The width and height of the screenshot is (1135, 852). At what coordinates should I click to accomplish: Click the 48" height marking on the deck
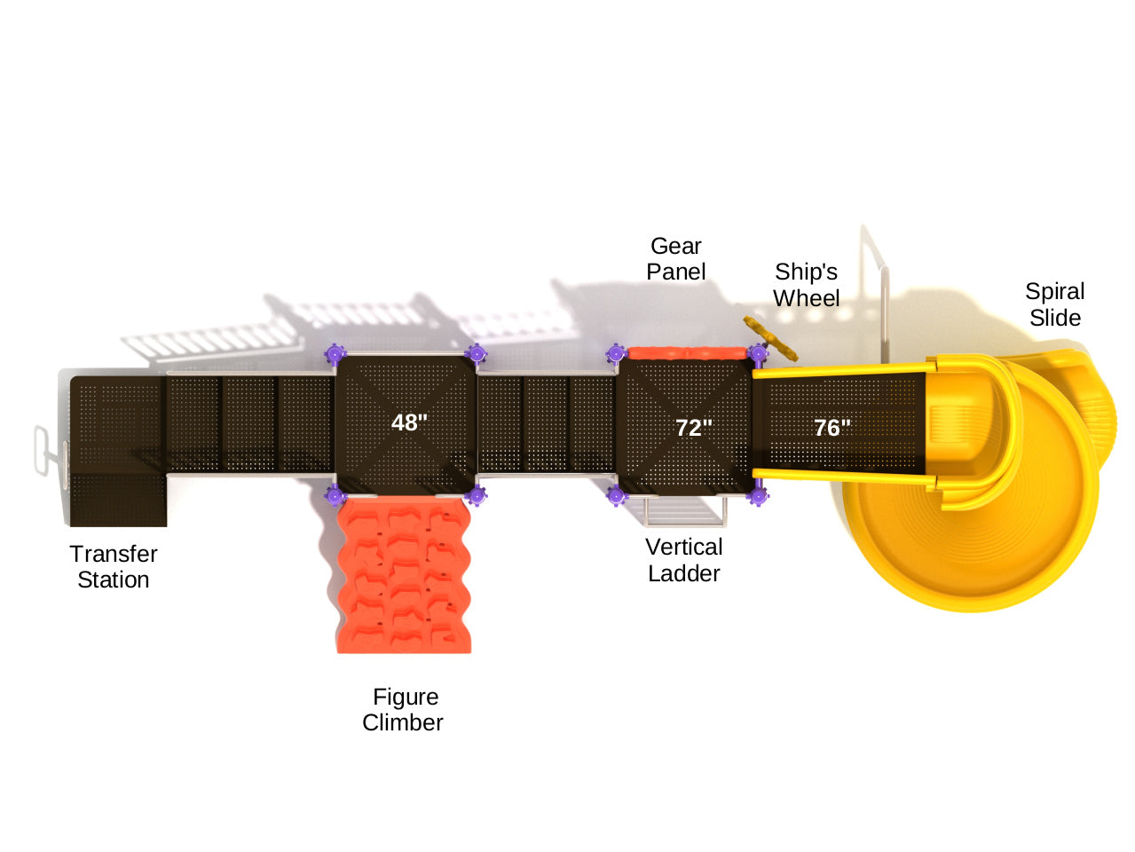409,422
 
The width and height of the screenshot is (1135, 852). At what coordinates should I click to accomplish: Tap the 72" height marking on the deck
694,428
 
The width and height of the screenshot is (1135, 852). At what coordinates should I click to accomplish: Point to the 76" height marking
832,428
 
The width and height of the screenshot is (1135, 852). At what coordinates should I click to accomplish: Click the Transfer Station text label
114,566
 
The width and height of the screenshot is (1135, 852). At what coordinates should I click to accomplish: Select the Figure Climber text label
404,709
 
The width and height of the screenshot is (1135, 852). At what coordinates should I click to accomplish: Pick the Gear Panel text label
676,258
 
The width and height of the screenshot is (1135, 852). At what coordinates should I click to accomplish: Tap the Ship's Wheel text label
806,285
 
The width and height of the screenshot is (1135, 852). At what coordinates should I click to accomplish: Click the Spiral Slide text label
1055,304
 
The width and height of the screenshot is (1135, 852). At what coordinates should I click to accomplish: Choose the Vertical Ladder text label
684,560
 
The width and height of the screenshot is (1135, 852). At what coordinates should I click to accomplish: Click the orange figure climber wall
404,575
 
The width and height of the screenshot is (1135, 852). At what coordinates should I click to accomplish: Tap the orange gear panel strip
686,353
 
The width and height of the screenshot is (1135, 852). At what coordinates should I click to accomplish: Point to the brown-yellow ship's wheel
770,337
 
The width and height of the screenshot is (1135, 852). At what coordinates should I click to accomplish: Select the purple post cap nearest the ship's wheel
757,354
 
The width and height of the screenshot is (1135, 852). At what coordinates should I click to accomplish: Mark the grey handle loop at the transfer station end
43,449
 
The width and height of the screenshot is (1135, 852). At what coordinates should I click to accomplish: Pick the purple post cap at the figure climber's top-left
335,495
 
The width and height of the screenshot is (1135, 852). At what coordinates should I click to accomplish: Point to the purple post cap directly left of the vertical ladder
617,495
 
